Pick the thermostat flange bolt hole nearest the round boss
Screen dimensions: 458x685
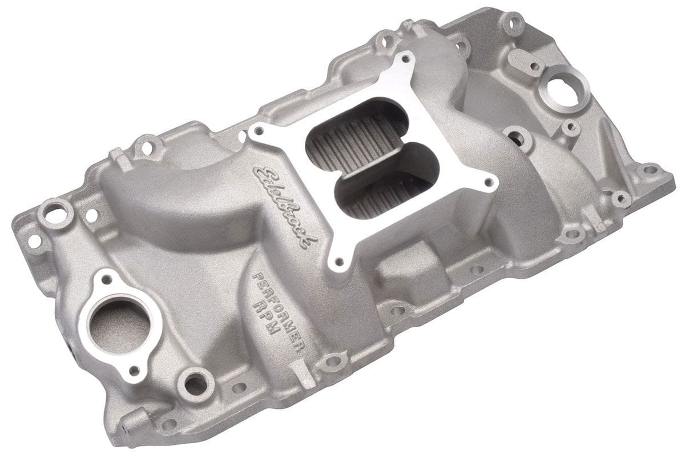(136, 369)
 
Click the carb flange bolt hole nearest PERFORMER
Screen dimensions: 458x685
(340, 262)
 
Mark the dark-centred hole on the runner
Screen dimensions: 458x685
(516, 137)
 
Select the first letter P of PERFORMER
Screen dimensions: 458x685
(255, 276)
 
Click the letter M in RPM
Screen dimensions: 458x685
(279, 339)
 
